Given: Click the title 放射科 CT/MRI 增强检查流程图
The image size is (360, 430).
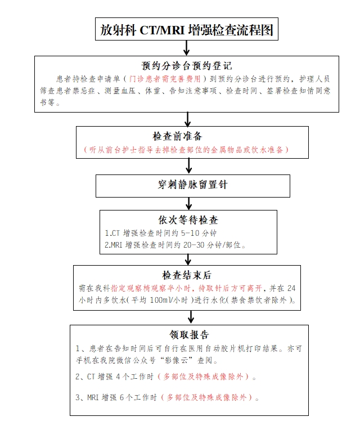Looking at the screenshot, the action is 187,30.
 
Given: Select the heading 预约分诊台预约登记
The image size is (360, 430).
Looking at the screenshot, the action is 187,66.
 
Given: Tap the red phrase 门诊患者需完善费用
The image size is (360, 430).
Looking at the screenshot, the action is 165,79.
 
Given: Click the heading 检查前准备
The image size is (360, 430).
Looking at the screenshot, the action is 177,136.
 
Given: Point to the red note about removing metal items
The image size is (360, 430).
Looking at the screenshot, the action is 186,150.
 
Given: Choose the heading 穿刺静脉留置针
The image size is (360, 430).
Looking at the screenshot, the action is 192,185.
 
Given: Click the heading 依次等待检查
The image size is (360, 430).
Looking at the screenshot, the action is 188,220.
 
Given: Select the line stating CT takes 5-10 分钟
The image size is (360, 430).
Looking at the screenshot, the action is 160,233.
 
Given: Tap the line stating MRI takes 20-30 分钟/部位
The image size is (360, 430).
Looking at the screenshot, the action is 175,245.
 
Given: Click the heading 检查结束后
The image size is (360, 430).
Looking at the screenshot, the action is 187,275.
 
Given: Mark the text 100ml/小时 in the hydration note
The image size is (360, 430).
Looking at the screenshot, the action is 169,300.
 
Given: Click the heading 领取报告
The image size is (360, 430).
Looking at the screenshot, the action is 189,334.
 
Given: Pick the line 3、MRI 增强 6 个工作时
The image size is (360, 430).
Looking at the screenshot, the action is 116,397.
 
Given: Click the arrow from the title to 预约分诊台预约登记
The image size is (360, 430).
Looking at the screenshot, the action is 187,48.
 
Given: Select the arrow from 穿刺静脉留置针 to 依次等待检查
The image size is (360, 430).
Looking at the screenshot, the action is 189,204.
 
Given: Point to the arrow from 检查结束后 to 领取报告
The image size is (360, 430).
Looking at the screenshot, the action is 191,317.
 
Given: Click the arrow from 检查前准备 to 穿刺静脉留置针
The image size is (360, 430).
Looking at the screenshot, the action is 189,166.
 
